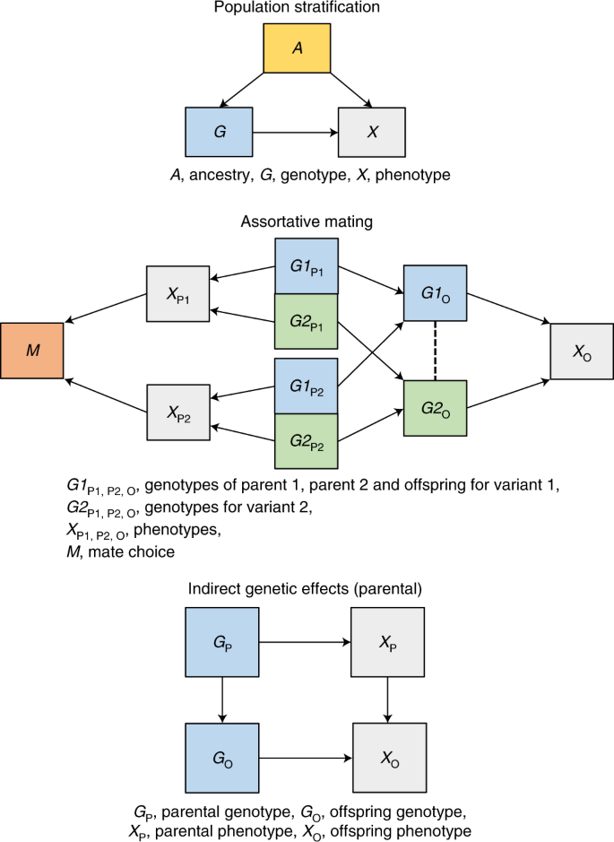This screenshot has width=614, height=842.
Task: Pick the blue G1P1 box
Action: point(306,266)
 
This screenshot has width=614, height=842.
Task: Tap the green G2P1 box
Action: point(306,320)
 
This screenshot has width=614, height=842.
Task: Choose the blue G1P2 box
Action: point(306,386)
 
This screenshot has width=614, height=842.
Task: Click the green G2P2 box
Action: point(306,440)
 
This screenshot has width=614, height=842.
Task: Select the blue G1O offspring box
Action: point(435,292)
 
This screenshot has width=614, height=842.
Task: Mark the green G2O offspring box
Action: point(435,408)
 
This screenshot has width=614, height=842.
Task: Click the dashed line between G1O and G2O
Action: point(435,350)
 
